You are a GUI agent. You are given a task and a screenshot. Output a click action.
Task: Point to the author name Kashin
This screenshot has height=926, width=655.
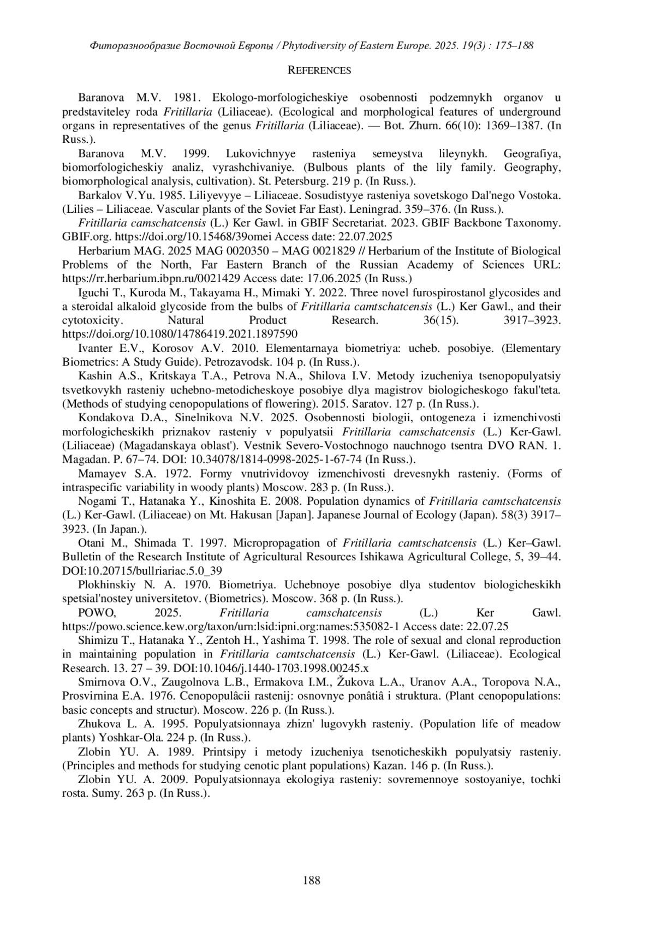pos(95,376)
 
